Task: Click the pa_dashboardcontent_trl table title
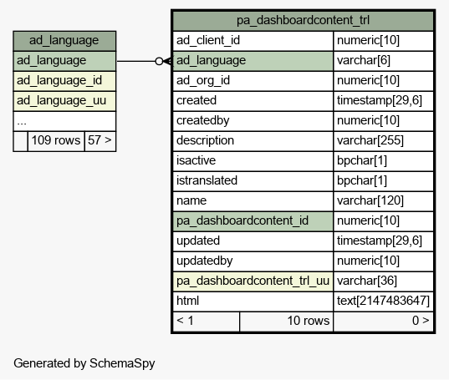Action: [x=303, y=21]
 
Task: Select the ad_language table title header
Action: [x=64, y=41]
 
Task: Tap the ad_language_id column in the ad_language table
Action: [x=64, y=81]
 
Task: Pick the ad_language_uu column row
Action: [x=64, y=101]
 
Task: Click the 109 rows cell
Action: [x=56, y=141]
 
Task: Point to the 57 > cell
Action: [x=100, y=141]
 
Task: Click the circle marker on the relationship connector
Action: [x=159, y=61]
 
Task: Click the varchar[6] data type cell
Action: [x=384, y=61]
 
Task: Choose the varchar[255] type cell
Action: [x=384, y=141]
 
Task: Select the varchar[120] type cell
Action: [x=384, y=201]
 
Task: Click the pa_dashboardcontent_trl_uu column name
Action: [x=253, y=281]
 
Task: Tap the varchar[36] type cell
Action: [x=384, y=281]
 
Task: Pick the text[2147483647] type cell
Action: [x=384, y=301]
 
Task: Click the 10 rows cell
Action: [x=286, y=322]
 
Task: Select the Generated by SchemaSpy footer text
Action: [x=84, y=363]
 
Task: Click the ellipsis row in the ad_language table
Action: [x=64, y=121]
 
